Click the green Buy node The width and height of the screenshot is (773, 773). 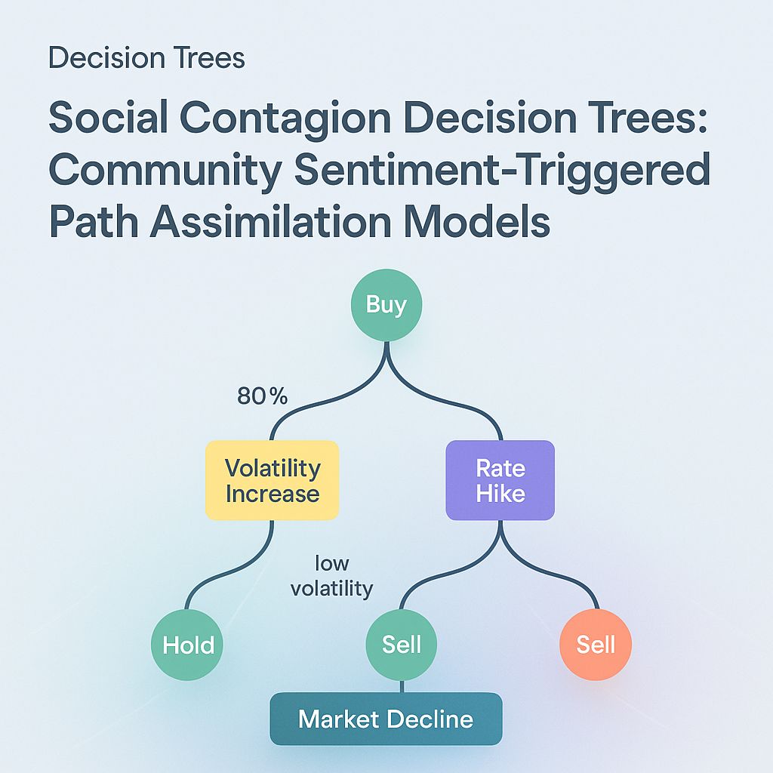(x=386, y=305)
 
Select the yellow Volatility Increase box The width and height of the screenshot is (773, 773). (x=272, y=480)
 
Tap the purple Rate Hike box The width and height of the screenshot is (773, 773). (x=500, y=480)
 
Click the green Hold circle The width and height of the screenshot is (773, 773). (x=188, y=645)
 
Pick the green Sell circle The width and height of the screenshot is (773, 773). (x=402, y=645)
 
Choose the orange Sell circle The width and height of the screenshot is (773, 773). (x=596, y=645)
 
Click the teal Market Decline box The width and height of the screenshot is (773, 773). (x=386, y=719)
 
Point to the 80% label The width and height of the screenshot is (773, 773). (x=262, y=396)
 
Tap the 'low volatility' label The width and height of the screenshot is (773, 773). (x=332, y=576)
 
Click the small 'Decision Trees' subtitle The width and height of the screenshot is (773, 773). (x=146, y=58)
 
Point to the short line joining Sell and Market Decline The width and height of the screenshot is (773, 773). (x=402, y=685)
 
